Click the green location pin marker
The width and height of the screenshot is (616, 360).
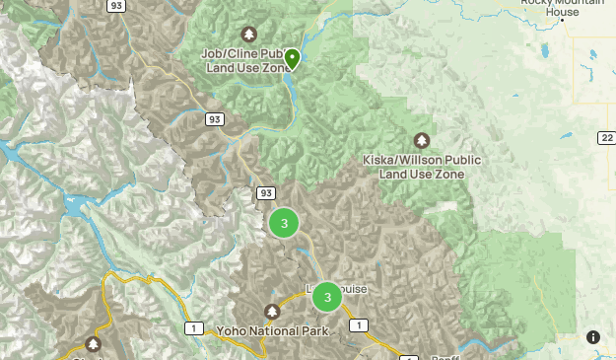[x=292, y=58]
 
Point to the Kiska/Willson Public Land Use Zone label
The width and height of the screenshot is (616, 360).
[x=422, y=166]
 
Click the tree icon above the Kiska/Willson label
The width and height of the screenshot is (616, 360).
[x=422, y=140]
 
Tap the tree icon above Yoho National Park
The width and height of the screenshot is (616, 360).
[x=273, y=312]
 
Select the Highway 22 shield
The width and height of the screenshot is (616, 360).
[x=605, y=139]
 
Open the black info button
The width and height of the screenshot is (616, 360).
[x=593, y=337]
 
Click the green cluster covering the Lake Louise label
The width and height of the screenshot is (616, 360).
[x=326, y=297]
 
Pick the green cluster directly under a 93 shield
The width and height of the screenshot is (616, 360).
[x=284, y=224]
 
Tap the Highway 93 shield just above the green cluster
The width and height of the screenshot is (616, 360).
[x=265, y=192]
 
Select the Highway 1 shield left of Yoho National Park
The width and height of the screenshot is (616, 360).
[x=195, y=327]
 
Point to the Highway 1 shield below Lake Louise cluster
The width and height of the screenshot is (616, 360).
[x=359, y=325]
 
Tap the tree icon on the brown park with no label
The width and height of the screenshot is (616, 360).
[x=94, y=343]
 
